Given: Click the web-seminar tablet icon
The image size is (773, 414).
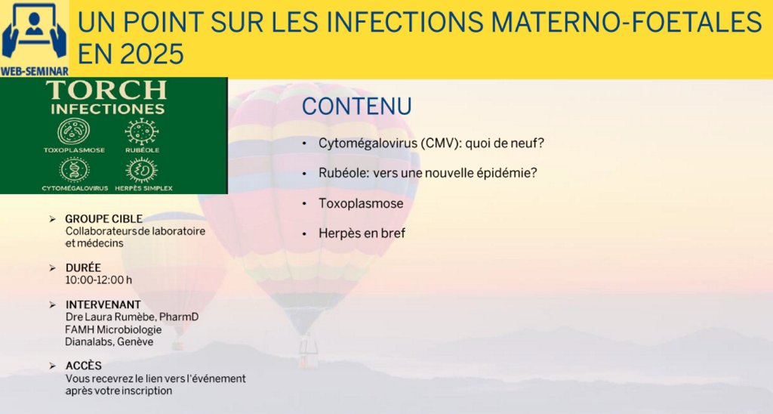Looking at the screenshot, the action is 34,32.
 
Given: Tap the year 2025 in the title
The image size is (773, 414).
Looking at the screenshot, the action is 152,54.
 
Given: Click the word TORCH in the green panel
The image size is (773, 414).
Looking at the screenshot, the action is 106,91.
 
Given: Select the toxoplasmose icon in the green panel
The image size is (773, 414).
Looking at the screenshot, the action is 74,131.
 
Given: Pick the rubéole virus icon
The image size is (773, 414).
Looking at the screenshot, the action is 142,131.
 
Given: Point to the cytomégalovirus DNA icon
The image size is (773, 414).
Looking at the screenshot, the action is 75,170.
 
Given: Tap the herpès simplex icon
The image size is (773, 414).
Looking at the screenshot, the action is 142,170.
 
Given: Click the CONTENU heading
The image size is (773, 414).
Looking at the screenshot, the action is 357,107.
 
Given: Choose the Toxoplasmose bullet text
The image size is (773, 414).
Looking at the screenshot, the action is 361,203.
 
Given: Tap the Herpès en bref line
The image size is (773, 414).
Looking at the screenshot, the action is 362,233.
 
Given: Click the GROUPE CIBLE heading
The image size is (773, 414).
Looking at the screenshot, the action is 104,218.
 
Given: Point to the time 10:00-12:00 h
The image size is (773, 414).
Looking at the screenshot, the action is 99,280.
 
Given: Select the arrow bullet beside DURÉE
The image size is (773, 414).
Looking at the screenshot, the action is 53,268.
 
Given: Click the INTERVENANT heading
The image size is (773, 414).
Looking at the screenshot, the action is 103,304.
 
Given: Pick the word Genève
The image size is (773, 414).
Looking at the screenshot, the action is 135,341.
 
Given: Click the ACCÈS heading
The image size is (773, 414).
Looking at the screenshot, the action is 84,366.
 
